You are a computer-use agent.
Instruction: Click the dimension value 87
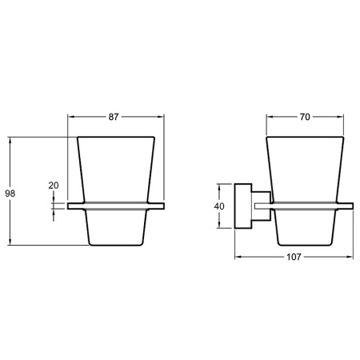click(114, 117)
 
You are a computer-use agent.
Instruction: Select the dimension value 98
click(10, 194)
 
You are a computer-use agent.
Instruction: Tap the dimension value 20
click(54, 186)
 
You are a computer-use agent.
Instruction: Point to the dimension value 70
click(305, 117)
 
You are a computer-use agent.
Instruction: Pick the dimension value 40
click(219, 206)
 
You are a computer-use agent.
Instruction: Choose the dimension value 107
click(294, 257)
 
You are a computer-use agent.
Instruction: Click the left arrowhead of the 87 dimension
click(71, 117)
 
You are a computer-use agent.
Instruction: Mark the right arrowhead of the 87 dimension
click(161, 117)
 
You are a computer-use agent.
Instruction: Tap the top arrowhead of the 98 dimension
click(10, 141)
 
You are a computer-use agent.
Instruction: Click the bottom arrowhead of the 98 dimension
click(10, 242)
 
